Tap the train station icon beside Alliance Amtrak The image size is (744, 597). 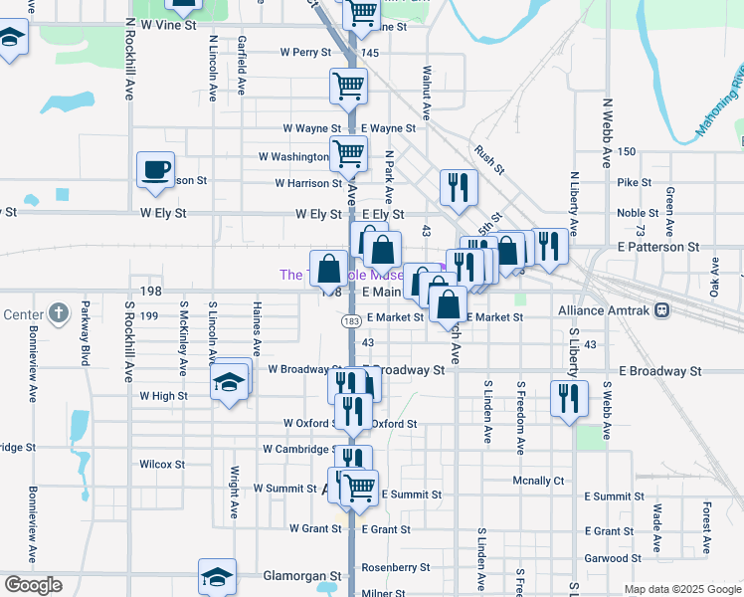click(662, 310)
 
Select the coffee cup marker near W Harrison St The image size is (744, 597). click(154, 169)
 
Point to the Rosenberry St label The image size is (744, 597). click(395, 567)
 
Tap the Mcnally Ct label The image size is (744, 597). click(538, 481)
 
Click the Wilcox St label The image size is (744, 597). click(162, 464)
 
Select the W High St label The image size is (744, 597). click(163, 396)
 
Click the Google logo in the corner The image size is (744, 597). click(33, 585)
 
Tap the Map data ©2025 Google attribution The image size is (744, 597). click(682, 589)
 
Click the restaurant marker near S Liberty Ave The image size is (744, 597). click(569, 399)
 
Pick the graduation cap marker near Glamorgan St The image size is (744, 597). click(217, 577)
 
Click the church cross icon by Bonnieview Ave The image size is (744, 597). click(59, 314)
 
